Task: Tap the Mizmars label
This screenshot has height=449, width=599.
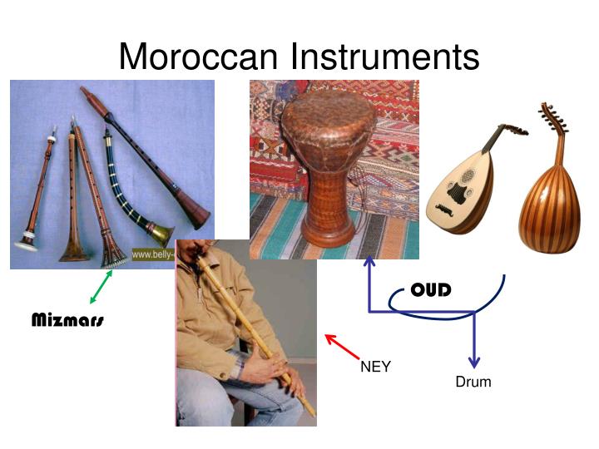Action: coord(67,320)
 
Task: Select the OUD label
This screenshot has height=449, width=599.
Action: coord(431,290)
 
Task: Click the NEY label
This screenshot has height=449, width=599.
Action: coord(375,367)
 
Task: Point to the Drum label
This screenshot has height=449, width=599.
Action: coord(473,382)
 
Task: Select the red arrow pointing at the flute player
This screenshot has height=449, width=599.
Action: coord(341,347)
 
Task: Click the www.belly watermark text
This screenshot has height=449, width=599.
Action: coord(152,254)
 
